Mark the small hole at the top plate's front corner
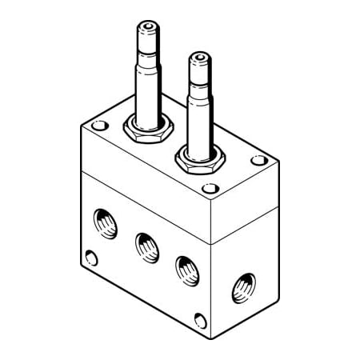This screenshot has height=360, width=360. tap(210, 190)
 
